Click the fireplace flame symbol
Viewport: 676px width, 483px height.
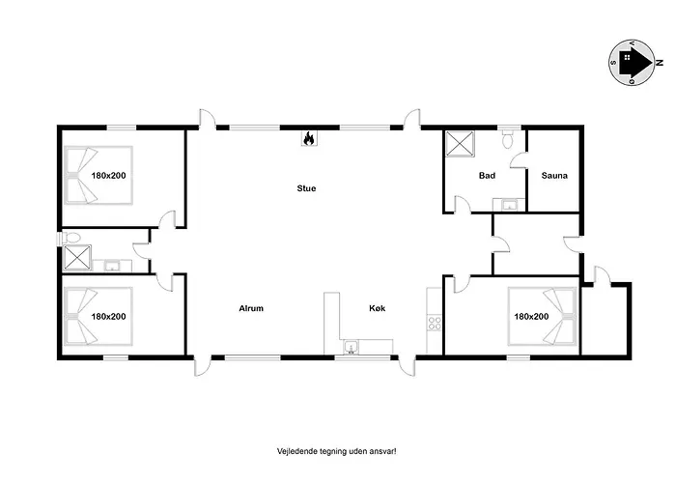pos(309,138)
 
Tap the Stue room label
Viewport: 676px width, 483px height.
pos(306,188)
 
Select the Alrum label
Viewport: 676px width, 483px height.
pos(251,308)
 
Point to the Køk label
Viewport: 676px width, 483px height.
pos(378,308)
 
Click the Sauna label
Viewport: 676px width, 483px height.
pos(554,176)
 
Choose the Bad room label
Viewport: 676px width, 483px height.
pos(487,176)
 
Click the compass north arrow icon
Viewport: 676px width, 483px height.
pos(632,63)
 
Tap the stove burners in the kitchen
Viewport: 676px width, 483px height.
pos(435,323)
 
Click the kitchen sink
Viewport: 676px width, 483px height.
pos(352,347)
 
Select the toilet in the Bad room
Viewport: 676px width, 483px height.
pos(508,138)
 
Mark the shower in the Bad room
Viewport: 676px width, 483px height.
pos(460,144)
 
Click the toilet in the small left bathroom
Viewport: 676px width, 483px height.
pos(70,238)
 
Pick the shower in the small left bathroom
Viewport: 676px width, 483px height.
pos(77,258)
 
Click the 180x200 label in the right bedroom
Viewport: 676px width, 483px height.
pos(531,317)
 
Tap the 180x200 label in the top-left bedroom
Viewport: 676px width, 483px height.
pos(108,176)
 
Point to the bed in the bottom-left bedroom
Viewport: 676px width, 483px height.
pos(99,317)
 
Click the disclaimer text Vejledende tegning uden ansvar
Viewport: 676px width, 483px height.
pos(336,451)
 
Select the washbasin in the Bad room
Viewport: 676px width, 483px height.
pos(509,205)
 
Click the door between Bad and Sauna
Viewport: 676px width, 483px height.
pos(520,160)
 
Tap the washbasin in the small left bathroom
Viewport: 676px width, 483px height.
pos(113,266)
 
